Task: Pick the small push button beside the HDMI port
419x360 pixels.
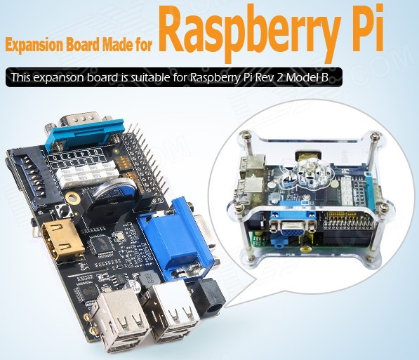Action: pos(64,211)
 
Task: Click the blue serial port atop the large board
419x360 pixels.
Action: pos(85,135)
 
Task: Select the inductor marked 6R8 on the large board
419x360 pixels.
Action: pos(147,279)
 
